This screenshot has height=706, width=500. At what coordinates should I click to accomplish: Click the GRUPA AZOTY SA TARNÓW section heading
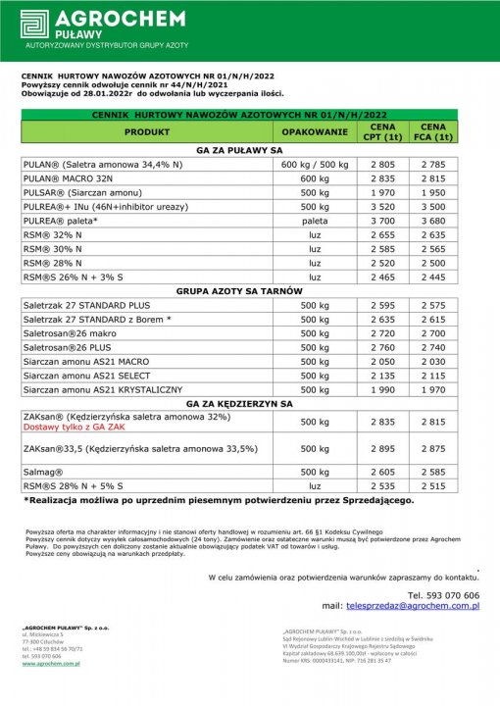tap(239, 292)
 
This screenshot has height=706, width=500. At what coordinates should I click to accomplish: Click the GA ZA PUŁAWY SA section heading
tap(239, 151)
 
